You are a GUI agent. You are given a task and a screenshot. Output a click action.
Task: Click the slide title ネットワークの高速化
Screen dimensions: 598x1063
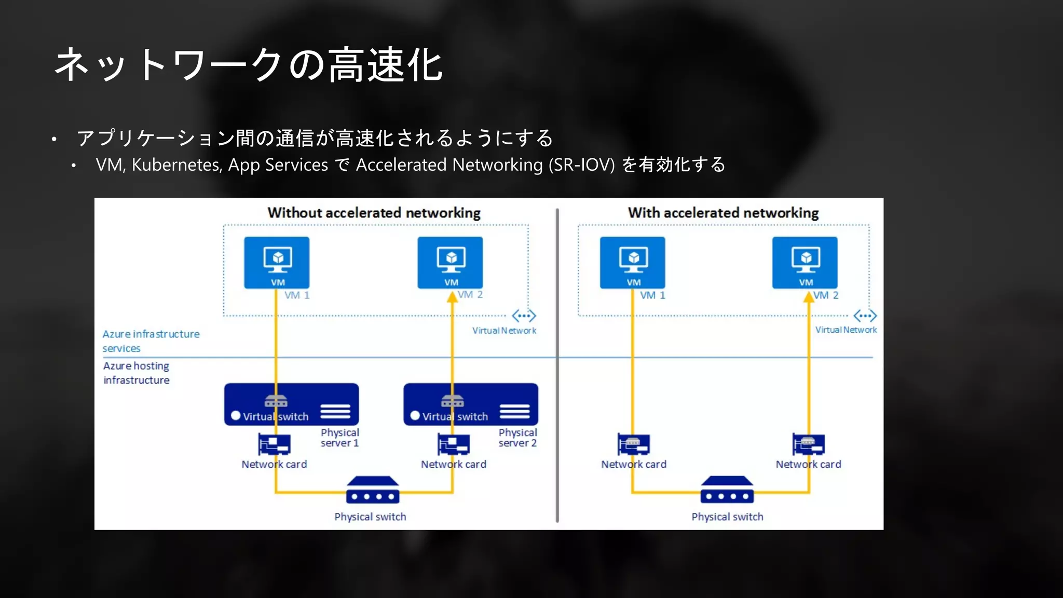(248, 65)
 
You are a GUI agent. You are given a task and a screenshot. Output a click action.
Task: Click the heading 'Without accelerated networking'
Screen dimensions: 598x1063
(374, 213)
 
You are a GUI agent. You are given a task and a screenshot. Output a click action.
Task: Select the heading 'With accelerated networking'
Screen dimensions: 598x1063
(723, 213)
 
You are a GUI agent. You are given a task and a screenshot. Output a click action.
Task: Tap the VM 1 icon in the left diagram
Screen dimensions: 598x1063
(277, 262)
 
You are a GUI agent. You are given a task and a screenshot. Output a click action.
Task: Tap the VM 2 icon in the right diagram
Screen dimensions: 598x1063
(805, 262)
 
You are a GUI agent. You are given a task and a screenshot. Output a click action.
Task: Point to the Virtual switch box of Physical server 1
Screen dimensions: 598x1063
(291, 404)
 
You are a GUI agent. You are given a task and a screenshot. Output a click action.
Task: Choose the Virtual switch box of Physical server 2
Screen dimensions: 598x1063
(471, 404)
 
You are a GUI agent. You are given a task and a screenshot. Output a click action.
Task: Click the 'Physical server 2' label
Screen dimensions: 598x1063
(517, 438)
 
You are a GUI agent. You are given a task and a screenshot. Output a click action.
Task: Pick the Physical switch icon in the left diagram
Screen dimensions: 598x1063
(373, 491)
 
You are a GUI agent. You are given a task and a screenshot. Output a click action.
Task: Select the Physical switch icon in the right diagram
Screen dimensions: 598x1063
(727, 491)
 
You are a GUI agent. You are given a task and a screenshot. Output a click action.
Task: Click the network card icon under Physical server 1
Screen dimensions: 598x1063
(274, 444)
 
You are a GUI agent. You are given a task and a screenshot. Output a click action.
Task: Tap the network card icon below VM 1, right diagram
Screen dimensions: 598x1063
(633, 444)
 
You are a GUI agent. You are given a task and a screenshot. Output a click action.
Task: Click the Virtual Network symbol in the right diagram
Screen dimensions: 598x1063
(865, 316)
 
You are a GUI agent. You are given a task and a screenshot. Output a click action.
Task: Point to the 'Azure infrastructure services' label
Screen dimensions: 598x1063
(151, 341)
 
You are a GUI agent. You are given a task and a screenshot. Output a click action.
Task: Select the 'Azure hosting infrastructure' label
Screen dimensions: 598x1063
(137, 373)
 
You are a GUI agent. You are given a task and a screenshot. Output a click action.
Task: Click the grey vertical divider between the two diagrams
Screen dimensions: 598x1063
(557, 363)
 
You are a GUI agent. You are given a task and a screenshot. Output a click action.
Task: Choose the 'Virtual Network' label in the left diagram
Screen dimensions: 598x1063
(504, 331)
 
